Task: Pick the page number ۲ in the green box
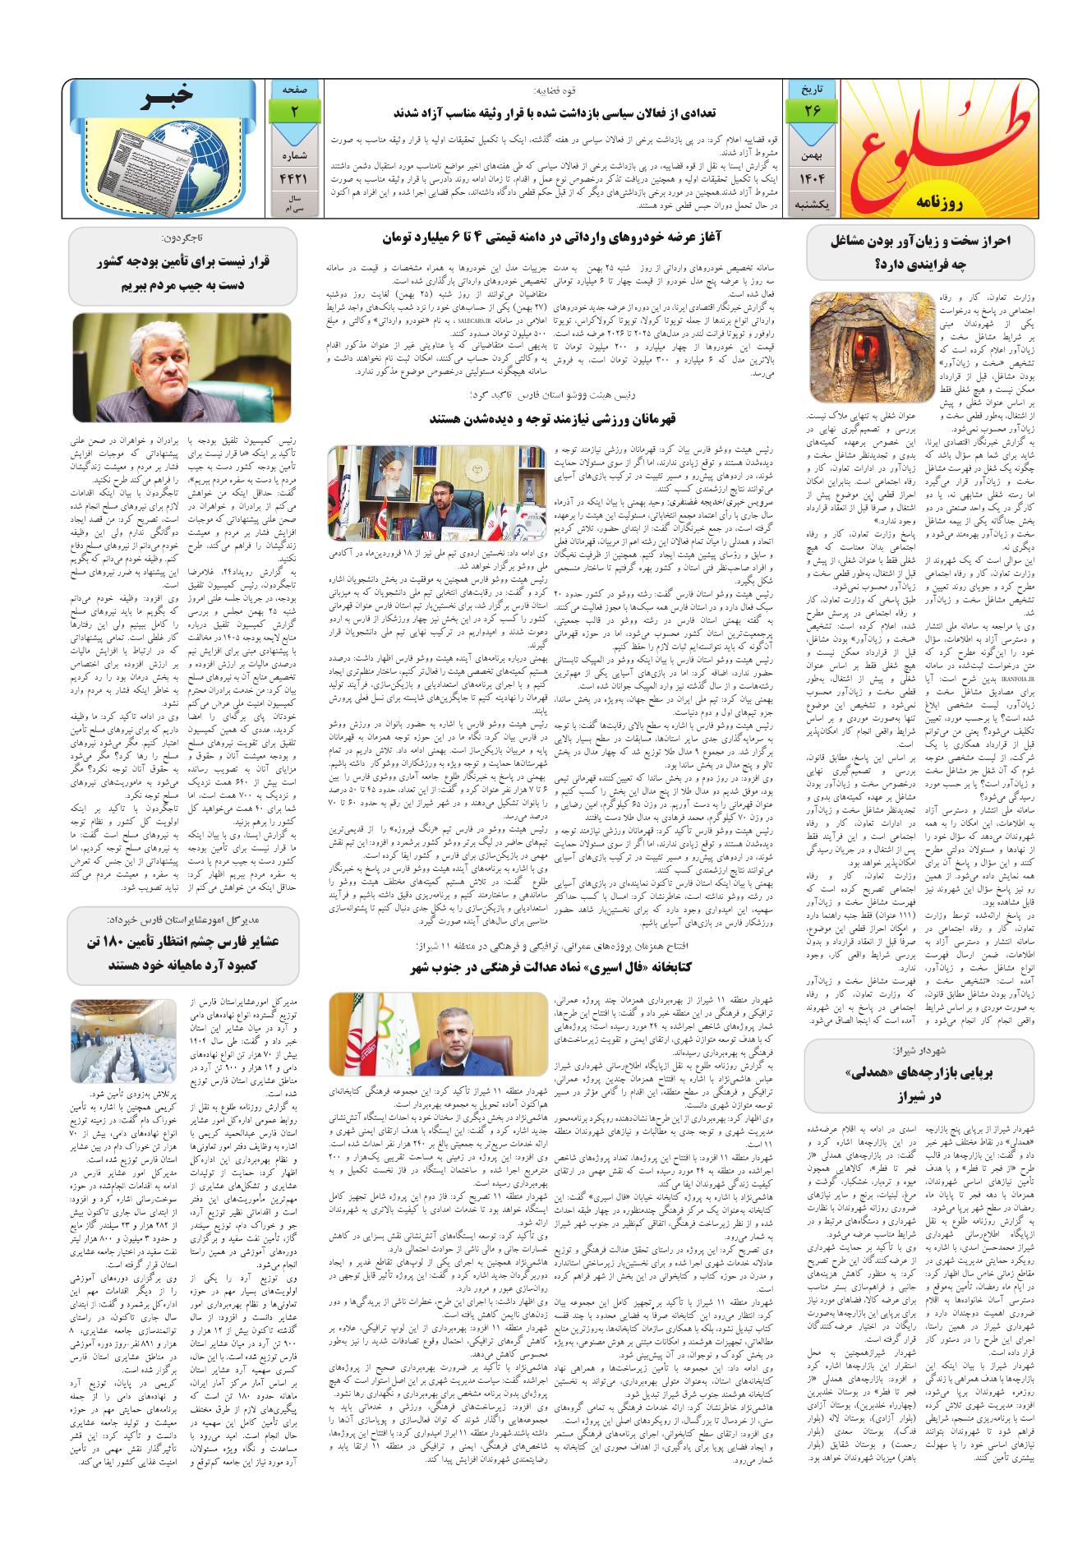pyautogui.click(x=293, y=110)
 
